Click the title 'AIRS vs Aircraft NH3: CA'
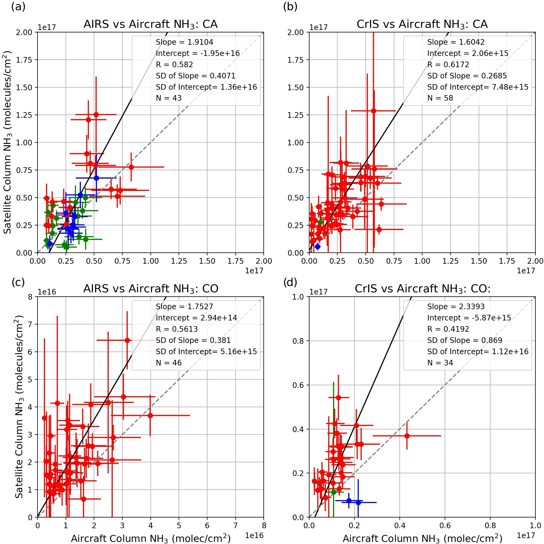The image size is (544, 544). click(x=150, y=25)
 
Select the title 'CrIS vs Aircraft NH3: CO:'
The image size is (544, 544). click(x=422, y=289)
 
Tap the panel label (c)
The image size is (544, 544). click(x=18, y=282)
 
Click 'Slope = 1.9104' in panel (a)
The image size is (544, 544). click(x=184, y=42)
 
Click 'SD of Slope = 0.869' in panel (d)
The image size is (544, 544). click(x=464, y=341)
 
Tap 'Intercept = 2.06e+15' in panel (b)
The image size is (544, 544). click(x=468, y=54)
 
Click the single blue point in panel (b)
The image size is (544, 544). click(x=318, y=247)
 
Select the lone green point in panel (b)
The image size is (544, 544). click(x=320, y=222)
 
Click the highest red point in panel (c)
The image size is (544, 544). click(x=127, y=341)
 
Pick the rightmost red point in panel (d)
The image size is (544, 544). click(x=407, y=436)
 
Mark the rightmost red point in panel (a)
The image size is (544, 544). click(x=131, y=167)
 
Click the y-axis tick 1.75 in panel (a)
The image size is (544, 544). click(x=24, y=60)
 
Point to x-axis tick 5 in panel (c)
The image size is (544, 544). click(x=179, y=526)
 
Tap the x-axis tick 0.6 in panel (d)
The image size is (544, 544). click(x=445, y=526)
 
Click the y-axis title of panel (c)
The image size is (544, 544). click(x=18, y=407)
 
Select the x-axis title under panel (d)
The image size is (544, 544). click(x=422, y=538)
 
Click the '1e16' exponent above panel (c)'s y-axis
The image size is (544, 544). click(x=47, y=292)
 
